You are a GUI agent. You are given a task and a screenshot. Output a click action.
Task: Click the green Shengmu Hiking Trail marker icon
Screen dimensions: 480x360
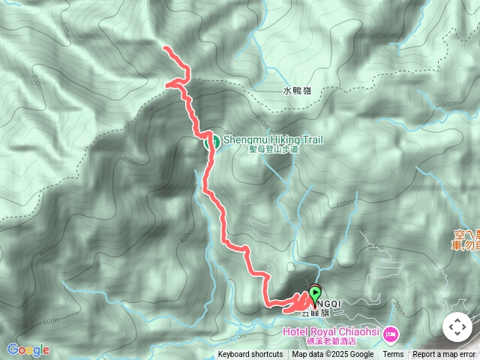tap(211, 140)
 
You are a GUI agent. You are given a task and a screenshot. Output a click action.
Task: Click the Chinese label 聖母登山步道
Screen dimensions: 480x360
tap(274, 149)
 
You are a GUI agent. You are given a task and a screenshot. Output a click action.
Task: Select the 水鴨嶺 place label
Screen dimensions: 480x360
tap(297, 91)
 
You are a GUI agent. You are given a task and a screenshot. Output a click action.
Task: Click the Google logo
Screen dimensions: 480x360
tap(28, 349)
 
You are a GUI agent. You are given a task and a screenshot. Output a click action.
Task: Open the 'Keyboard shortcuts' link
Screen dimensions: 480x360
tap(250, 355)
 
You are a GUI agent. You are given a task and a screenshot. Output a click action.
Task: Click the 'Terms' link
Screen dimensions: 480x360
tap(393, 355)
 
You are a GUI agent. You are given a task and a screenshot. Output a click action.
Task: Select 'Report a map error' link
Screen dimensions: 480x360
tap(444, 355)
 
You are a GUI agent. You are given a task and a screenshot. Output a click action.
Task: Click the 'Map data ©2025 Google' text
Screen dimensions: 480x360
tap(333, 355)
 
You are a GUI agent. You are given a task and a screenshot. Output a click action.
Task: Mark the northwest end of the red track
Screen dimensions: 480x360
tap(165, 49)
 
